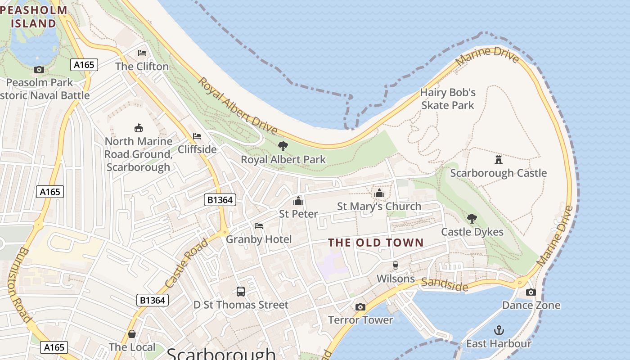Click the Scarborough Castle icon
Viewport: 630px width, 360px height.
click(x=498, y=159)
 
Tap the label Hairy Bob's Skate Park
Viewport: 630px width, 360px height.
click(x=448, y=99)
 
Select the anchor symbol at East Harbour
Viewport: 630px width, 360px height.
click(x=499, y=330)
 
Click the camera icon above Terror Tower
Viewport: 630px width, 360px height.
click(x=360, y=307)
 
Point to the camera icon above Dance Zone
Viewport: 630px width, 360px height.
click(x=531, y=292)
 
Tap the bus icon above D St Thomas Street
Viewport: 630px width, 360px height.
click(x=241, y=291)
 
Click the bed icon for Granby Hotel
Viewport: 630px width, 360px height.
click(x=259, y=225)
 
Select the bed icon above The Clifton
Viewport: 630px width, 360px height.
click(x=142, y=53)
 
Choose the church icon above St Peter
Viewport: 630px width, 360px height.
click(x=298, y=201)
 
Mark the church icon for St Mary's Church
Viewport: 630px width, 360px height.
click(x=379, y=193)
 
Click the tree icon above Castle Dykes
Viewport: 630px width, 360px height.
click(x=472, y=219)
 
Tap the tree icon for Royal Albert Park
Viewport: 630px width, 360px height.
click(x=283, y=146)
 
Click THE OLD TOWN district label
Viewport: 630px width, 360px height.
click(x=376, y=243)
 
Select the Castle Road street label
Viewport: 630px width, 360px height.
click(x=186, y=264)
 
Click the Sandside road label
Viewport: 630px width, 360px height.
click(x=444, y=284)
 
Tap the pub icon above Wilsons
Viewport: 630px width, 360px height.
click(x=396, y=265)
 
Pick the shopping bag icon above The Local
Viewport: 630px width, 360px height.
click(x=132, y=334)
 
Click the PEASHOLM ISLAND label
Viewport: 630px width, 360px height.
click(x=34, y=17)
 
